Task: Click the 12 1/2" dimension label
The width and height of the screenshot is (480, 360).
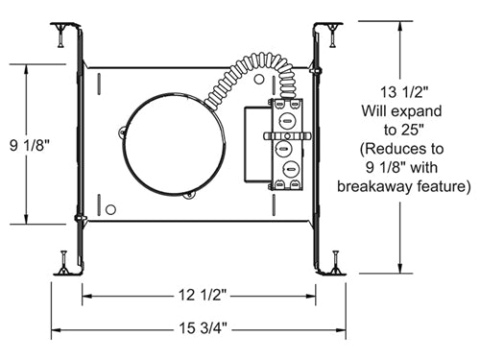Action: (x=203, y=295)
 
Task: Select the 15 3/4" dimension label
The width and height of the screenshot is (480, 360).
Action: (x=203, y=328)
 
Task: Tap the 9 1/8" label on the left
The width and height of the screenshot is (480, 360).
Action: (x=30, y=146)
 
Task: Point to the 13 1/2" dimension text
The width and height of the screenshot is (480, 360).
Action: (x=404, y=92)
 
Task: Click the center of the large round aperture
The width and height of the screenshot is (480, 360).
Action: (x=174, y=144)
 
